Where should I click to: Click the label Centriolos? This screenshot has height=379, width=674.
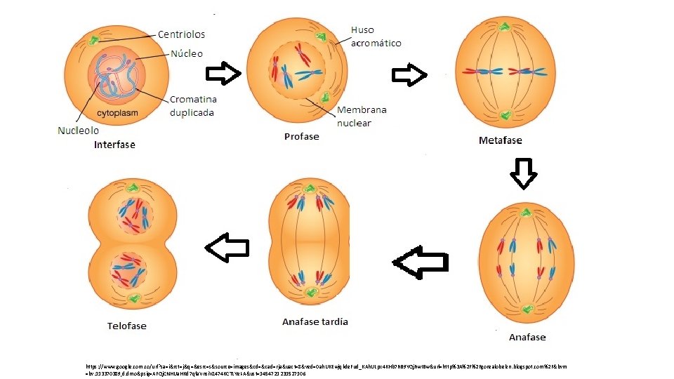(181, 34)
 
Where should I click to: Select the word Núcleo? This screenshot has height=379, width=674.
(187, 53)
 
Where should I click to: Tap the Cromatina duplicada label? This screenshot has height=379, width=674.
(192, 107)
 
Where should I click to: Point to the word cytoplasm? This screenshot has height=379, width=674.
(117, 113)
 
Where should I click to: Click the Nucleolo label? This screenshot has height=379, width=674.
(78, 130)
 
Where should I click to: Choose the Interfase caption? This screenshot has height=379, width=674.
(114, 145)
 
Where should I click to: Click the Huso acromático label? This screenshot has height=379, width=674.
(376, 36)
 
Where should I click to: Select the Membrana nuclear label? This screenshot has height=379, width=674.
(362, 117)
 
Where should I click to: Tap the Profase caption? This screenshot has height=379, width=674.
(301, 136)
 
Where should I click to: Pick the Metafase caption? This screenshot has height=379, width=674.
(500, 140)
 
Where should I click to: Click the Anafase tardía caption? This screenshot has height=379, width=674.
(315, 322)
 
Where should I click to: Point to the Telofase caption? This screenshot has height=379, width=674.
(126, 326)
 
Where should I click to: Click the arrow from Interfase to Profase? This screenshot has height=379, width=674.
(223, 73)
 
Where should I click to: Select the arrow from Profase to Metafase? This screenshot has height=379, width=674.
(409, 74)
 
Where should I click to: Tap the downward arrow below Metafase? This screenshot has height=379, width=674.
(523, 173)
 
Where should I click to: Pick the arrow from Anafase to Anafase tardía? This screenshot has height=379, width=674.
(421, 262)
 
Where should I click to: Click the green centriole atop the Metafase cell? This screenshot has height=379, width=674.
(503, 27)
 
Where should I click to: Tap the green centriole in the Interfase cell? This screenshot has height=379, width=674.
(93, 39)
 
